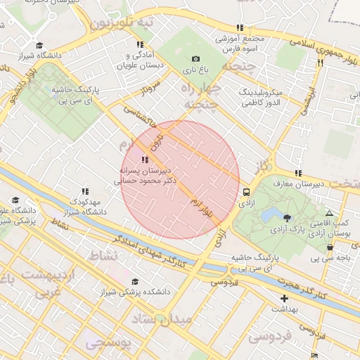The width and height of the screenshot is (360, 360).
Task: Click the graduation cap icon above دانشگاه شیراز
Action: [39, 46]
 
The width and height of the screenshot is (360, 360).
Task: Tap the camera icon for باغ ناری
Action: [195, 59]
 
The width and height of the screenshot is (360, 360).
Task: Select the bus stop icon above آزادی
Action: [246, 191]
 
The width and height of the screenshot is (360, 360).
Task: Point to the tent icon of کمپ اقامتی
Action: [330, 213]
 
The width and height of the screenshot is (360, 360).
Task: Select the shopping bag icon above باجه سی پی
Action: [330, 247]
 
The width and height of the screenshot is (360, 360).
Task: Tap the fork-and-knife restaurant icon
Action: [320, 63]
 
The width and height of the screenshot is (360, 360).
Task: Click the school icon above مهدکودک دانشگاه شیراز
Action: [85, 191]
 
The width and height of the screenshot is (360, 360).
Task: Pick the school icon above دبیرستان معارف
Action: [298, 173]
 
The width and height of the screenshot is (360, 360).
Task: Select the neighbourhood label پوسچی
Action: [106, 342]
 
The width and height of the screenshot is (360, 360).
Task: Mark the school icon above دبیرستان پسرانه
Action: [146, 160]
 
